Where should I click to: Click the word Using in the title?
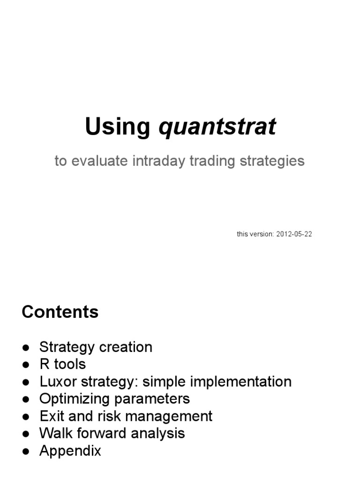[118, 127]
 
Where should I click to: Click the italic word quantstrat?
[217, 127]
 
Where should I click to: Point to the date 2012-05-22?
[294, 234]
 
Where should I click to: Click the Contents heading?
[60, 312]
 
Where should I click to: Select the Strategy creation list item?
[96, 347]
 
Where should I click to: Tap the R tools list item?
[62, 364]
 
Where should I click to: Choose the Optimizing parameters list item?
[114, 399]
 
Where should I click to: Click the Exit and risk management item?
[126, 416]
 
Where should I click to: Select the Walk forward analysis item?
[112, 434]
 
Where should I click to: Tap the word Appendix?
[70, 451]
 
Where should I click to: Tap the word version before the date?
[262, 234]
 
